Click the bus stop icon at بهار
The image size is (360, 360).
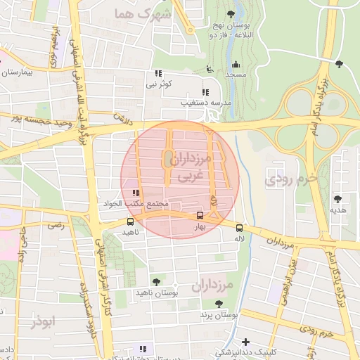point(200,216)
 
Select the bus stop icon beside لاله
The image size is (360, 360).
point(240,228)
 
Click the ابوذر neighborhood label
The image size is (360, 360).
point(42,321)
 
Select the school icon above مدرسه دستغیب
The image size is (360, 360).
point(205,92)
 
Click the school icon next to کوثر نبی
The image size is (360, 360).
point(159,74)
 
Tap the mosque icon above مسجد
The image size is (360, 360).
point(235,63)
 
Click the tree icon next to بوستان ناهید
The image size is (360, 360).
point(156,282)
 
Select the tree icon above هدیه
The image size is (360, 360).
point(338,199)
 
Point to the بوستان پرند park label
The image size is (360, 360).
point(219,316)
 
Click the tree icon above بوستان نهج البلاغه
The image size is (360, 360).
point(231,14)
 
